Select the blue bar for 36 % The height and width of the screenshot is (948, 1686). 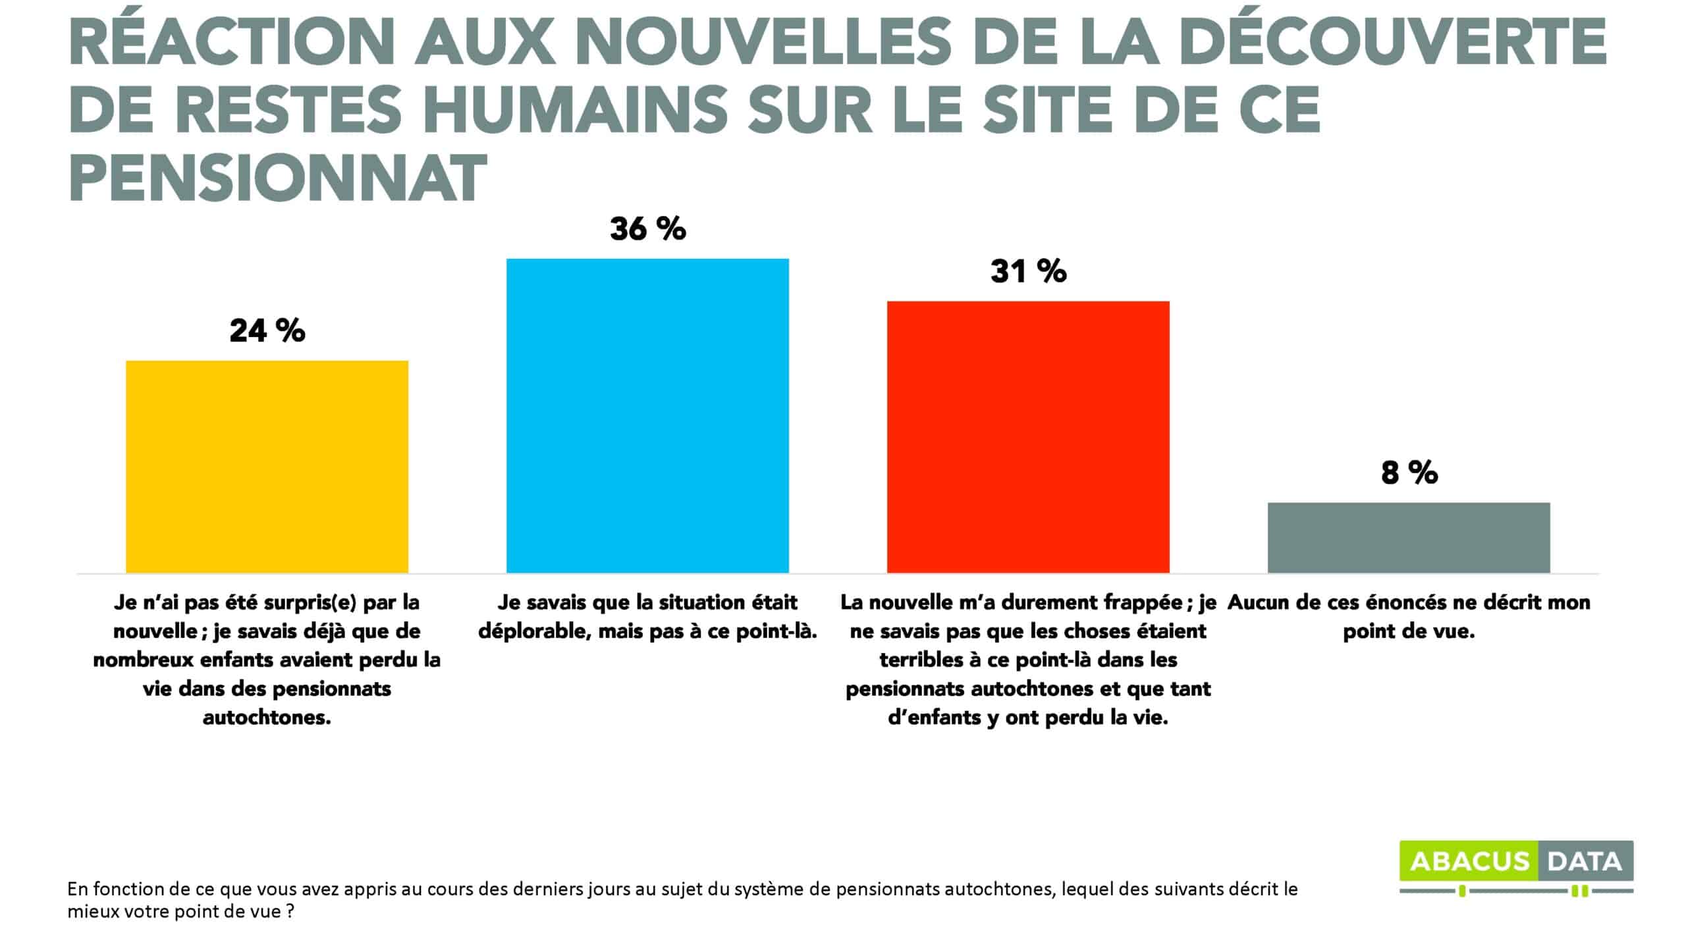[x=647, y=415]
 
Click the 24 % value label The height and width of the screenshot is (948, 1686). [x=267, y=330]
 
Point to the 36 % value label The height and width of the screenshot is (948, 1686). [x=648, y=229]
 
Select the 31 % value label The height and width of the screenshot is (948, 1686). [x=1029, y=271]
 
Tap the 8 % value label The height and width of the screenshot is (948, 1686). [x=1409, y=473]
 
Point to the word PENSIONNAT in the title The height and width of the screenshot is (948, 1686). [x=277, y=179]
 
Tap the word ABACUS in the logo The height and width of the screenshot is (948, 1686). [x=1469, y=862]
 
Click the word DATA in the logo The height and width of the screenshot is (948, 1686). [x=1585, y=862]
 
